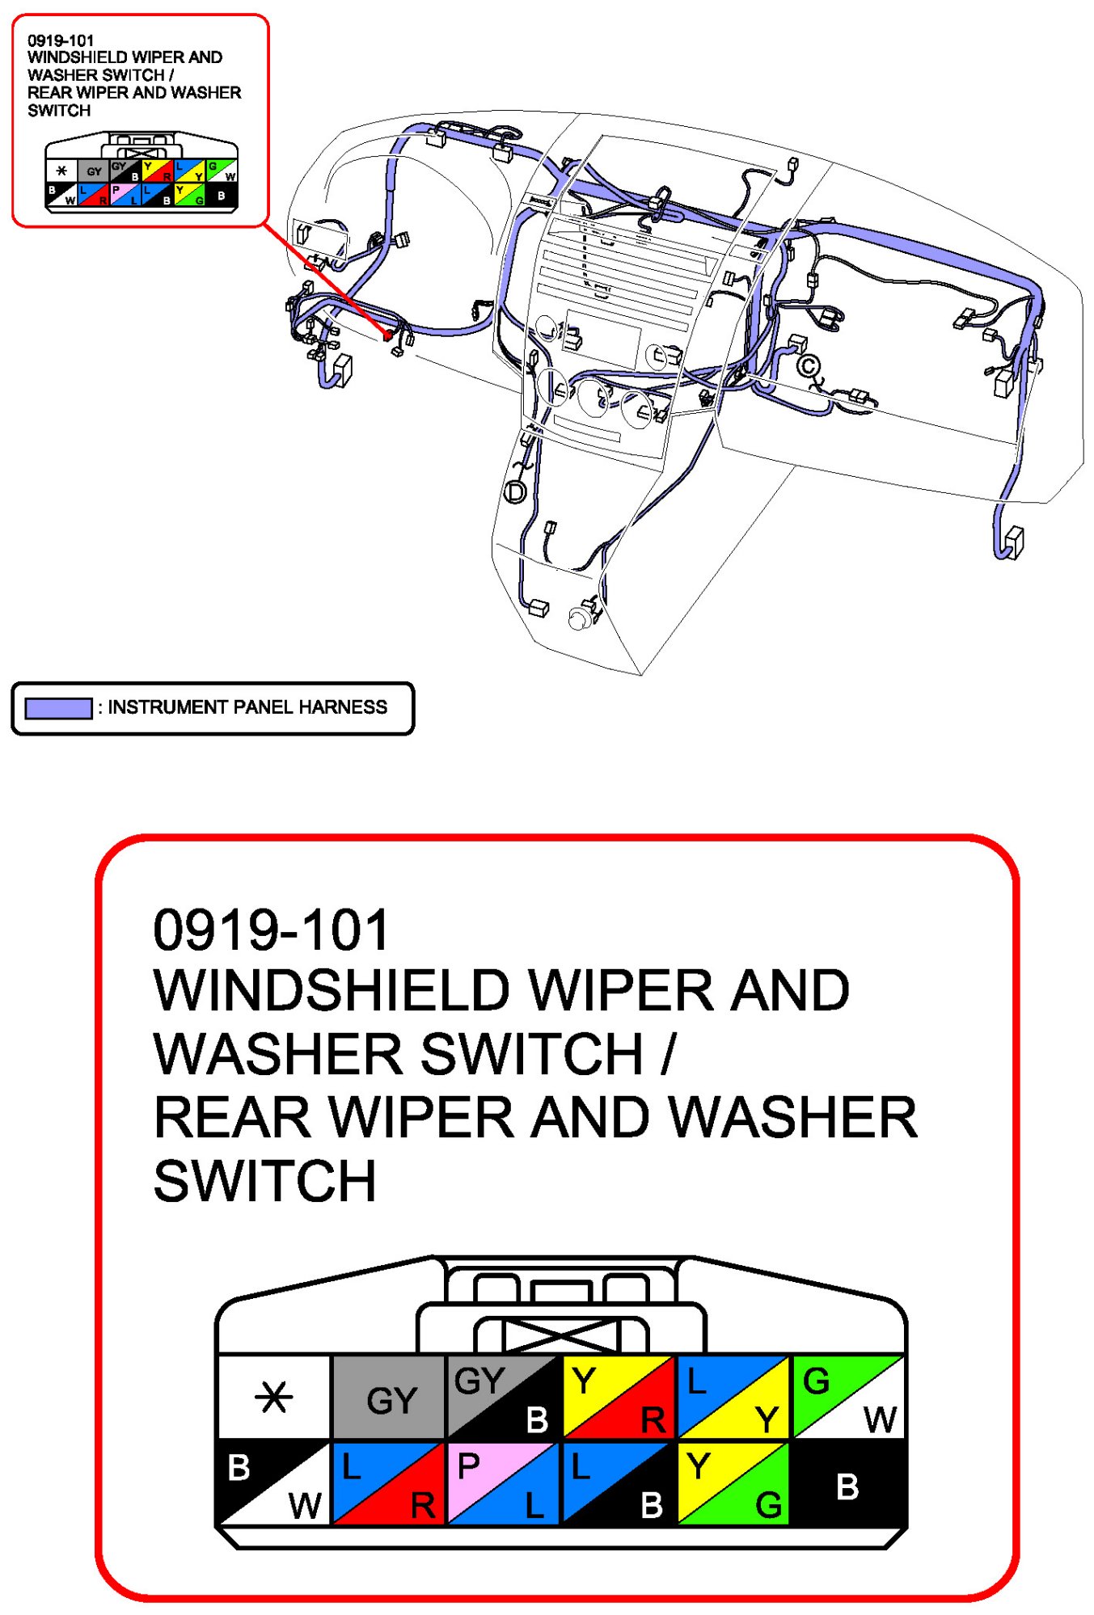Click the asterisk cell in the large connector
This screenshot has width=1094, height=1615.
273,1397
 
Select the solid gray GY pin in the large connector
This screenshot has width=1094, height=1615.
389,1398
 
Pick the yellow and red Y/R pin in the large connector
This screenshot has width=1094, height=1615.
619,1398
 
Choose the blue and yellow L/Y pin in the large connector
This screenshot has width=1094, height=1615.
733,1398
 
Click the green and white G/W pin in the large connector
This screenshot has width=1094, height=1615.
848,1398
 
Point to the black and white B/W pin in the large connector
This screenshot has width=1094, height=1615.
273,1483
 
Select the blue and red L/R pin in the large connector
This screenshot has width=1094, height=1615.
389,1483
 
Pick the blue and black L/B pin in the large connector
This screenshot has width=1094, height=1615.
619,1483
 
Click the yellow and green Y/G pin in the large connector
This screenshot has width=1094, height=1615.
733,1483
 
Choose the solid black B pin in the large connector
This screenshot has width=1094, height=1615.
848,1483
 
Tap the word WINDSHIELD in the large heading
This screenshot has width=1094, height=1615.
331,991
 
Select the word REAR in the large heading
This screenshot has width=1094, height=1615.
233,1118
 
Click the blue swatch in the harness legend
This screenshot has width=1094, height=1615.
58,708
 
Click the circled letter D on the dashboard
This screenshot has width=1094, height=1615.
515,491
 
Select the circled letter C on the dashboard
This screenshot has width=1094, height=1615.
808,366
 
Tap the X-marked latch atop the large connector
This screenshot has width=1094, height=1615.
561,1335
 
